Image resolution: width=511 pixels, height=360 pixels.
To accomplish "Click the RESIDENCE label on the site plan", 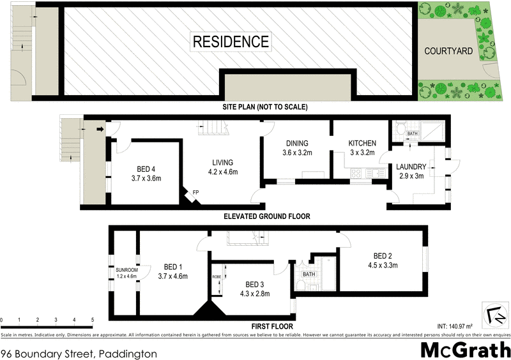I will tap(231, 42).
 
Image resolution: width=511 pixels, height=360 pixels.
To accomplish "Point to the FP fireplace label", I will tap(195, 191).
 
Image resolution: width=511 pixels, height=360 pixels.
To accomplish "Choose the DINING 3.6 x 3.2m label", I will tap(297, 148).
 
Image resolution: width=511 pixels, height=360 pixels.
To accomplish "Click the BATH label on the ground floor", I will tap(413, 134).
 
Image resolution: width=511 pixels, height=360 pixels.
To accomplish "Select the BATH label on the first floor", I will tap(309, 274).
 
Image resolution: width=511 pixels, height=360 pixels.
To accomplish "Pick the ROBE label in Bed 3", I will tap(217, 277).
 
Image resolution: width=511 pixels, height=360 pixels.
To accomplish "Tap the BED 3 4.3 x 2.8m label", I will tap(254, 289).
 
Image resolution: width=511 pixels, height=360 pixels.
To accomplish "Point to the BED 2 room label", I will tap(383, 260).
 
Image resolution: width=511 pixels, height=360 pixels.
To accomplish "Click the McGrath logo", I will tap(466, 350).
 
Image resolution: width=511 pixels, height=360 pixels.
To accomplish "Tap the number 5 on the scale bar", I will tap(93, 319).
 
